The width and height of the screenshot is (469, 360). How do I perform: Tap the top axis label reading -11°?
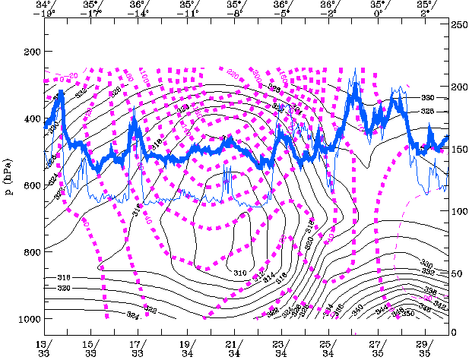tap(188, 13)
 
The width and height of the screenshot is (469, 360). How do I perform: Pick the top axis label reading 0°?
tap(378, 13)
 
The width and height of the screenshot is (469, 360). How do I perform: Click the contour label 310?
tap(239, 273)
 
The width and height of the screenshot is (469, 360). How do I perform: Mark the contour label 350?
tap(409, 313)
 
